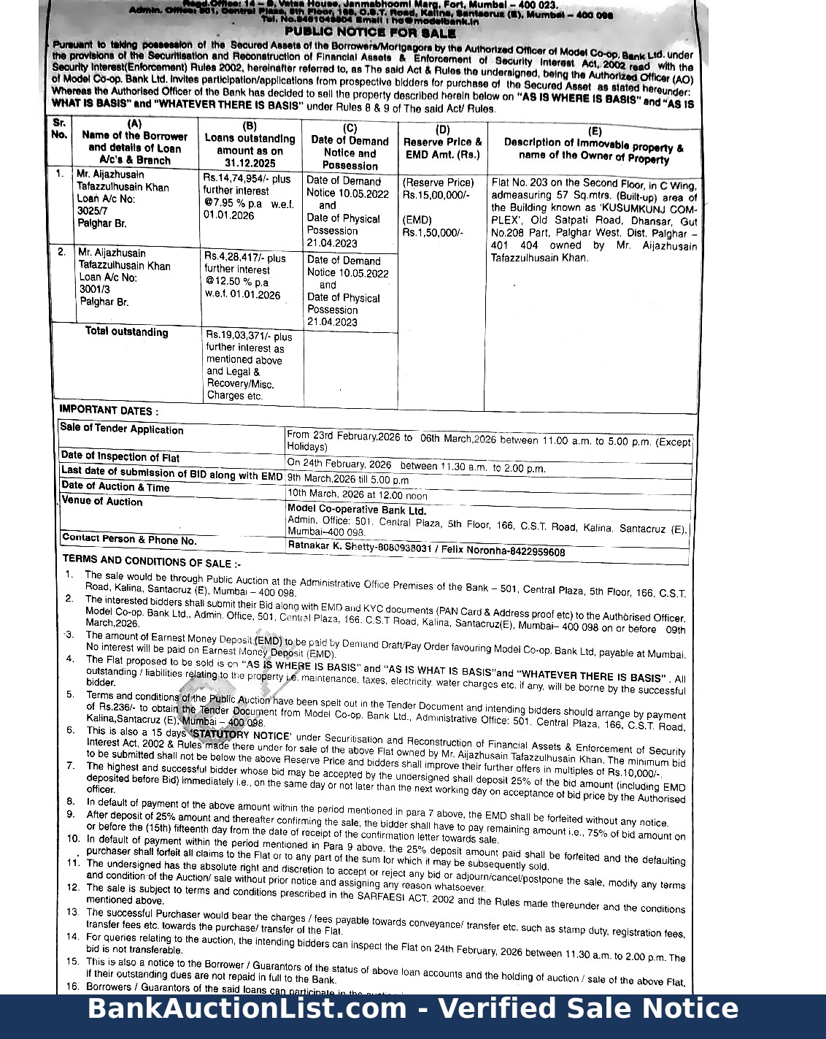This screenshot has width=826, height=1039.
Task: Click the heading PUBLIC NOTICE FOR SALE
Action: click(370, 33)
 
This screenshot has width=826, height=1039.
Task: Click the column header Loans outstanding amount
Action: click(250, 145)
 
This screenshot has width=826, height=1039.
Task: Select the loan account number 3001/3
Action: click(94, 289)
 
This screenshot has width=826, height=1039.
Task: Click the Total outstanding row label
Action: click(126, 332)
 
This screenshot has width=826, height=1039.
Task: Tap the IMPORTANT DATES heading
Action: click(109, 410)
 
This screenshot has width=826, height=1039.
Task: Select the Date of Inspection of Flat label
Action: click(120, 457)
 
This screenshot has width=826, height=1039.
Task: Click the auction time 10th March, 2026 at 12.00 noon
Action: click(358, 494)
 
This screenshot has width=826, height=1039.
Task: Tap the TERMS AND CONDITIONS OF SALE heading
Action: click(152, 561)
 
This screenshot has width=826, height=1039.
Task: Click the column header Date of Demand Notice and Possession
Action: click(350, 147)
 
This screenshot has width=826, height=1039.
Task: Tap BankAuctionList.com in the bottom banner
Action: click(247, 1008)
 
